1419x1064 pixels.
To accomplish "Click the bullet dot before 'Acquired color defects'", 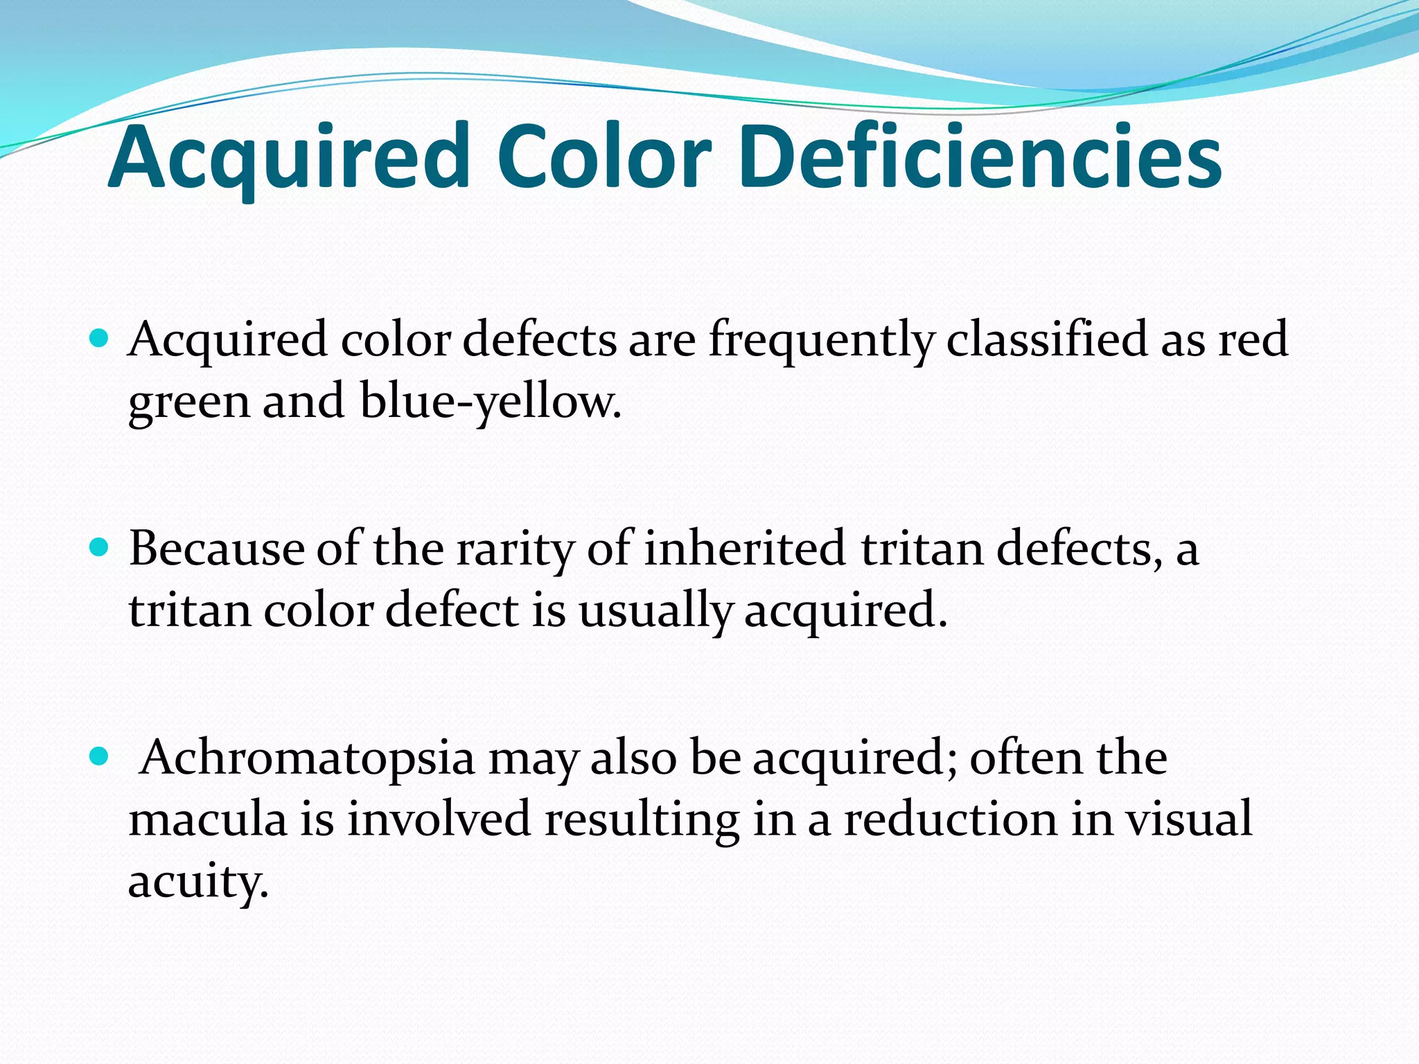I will click(x=100, y=339).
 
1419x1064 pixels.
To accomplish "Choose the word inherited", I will click(x=745, y=548).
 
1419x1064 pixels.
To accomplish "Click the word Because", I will click(x=216, y=549).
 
